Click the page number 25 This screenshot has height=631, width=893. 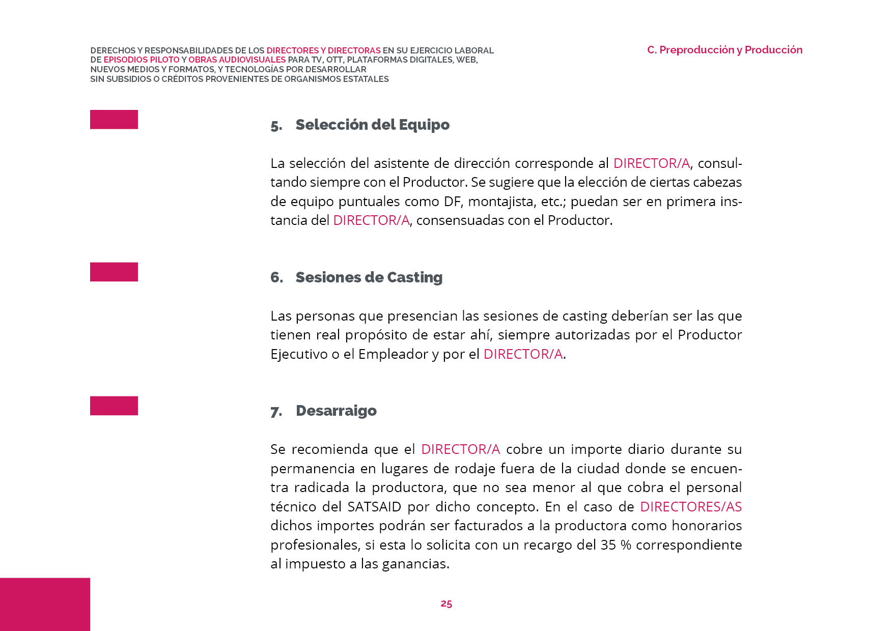coord(446,604)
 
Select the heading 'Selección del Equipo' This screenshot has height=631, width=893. coord(372,125)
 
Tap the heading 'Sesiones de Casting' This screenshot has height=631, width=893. coord(369,277)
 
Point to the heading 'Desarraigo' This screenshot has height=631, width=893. coord(336,411)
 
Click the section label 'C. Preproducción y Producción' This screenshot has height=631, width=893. coord(724,50)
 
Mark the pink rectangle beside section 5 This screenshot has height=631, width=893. coord(114,120)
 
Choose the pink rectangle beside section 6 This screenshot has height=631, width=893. coord(114,272)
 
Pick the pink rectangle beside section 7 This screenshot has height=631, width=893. coord(114,406)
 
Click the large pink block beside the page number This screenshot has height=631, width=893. coord(45,604)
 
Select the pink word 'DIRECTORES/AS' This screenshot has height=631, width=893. coord(690,507)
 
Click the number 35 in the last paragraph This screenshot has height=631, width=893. coord(608,545)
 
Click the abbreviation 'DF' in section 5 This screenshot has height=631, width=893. coord(452,202)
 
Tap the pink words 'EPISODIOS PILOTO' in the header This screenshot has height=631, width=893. coord(142,60)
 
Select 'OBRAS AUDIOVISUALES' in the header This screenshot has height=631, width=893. coord(237,60)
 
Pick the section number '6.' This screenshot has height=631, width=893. coord(276,277)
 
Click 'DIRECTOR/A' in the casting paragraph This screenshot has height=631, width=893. coord(523,354)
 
